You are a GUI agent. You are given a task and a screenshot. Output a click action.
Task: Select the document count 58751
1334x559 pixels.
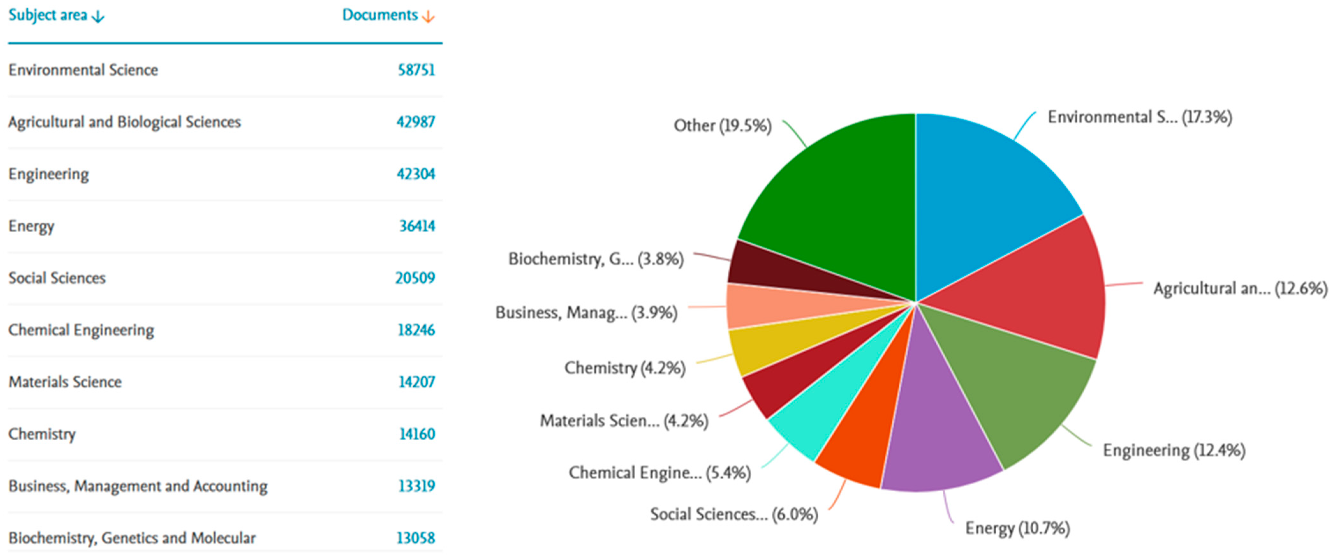(x=416, y=70)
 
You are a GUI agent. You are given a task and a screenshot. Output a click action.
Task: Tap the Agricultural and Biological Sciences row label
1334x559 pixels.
(x=125, y=122)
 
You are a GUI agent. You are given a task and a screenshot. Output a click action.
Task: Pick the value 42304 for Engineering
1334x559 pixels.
(x=416, y=174)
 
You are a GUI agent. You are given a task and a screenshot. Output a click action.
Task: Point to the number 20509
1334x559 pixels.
(x=415, y=278)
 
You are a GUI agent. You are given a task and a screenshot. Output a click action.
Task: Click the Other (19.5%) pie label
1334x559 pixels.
(x=722, y=126)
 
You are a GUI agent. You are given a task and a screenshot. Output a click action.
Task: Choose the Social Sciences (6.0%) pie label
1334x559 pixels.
(x=734, y=514)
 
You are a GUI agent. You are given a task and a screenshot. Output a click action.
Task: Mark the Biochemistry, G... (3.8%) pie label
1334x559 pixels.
(x=595, y=259)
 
